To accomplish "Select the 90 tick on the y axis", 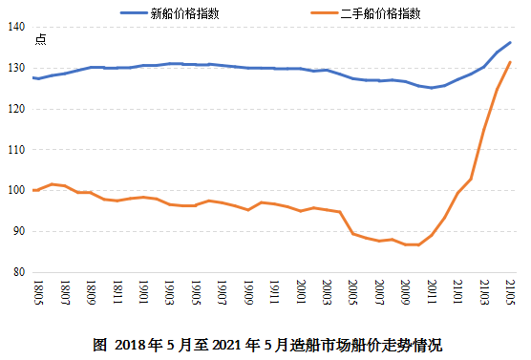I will point(16,231).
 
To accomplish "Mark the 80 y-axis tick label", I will point(16,272).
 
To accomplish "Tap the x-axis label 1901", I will point(143,292).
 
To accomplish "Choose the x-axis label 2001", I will point(300,292).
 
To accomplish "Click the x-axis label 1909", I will point(248,292).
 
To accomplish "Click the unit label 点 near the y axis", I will point(39,39).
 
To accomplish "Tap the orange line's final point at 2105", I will point(510,62).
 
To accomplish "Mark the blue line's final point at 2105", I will point(510,42).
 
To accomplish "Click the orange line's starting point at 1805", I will point(33,190).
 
